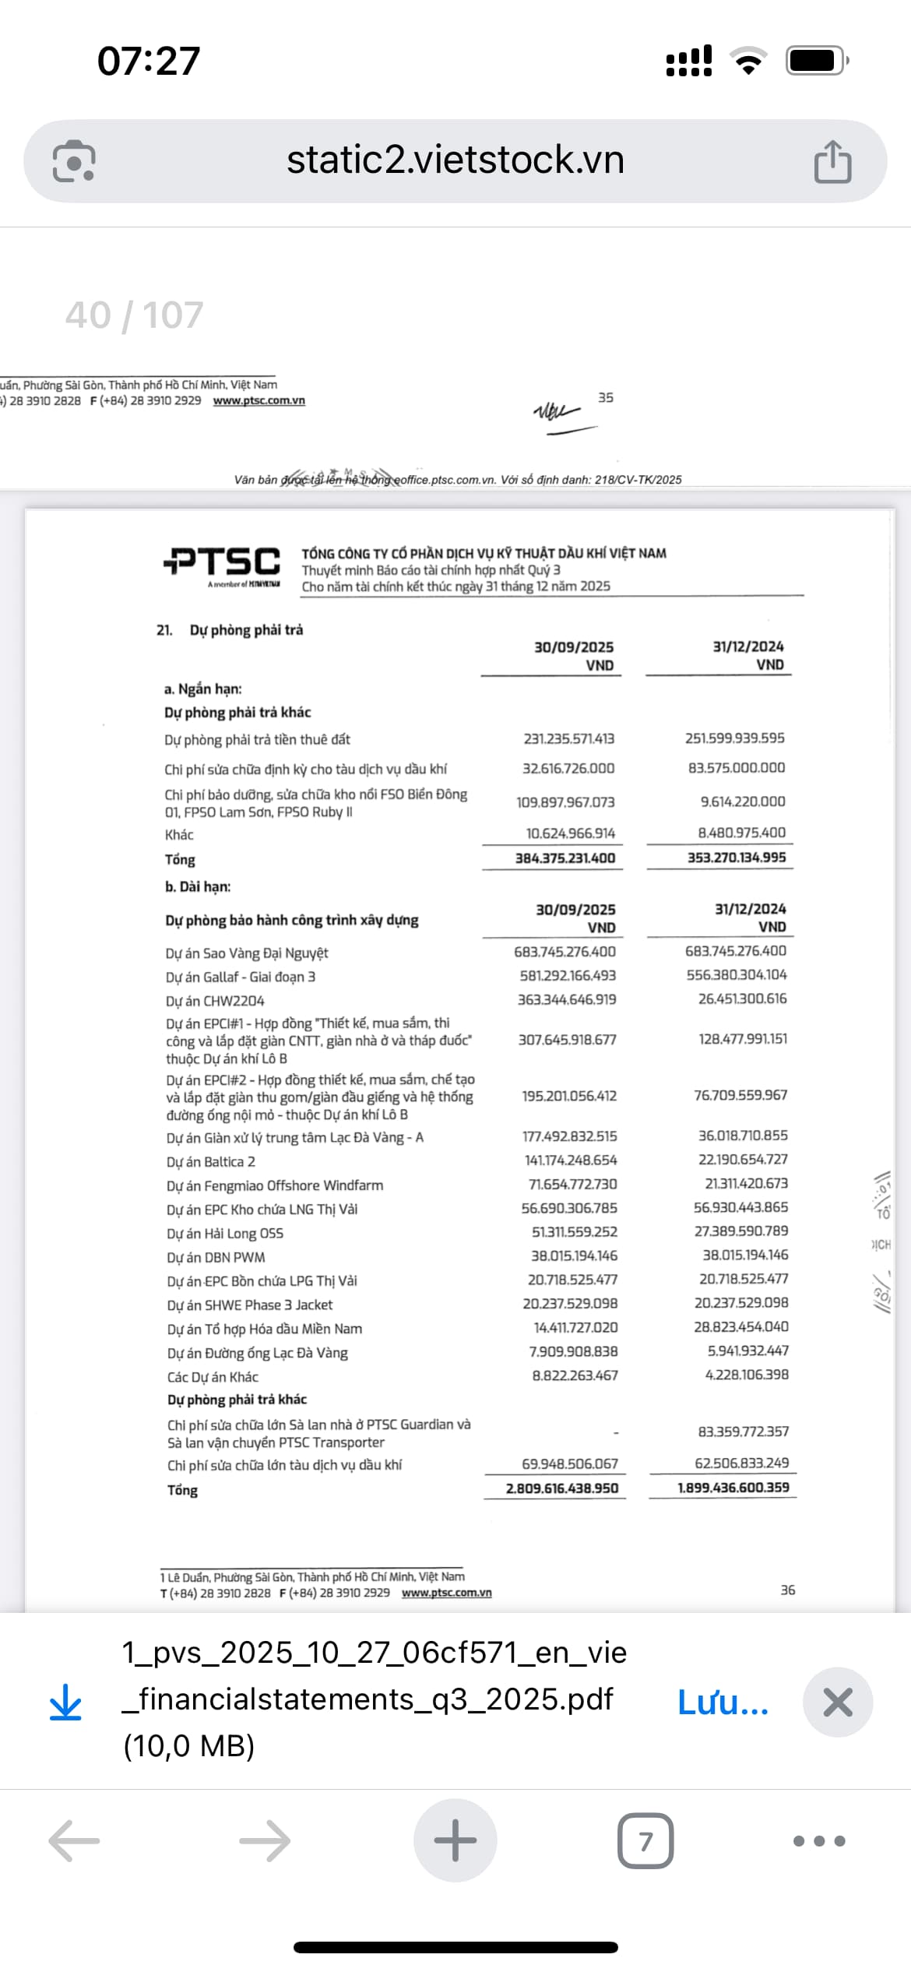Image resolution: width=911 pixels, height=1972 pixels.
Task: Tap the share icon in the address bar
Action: [x=832, y=161]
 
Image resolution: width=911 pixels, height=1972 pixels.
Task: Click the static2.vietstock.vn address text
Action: [x=455, y=160]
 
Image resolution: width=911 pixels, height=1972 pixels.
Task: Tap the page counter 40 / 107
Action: [x=134, y=315]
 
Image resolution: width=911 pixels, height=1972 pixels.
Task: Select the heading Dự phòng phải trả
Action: [x=246, y=630]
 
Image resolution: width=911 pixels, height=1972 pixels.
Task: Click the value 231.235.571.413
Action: [x=568, y=738]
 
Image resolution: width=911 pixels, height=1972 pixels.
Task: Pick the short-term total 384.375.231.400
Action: [x=565, y=857]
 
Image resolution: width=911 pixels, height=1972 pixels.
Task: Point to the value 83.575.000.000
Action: [x=736, y=768]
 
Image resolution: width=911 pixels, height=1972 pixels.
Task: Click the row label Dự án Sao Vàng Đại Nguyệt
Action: [x=247, y=953]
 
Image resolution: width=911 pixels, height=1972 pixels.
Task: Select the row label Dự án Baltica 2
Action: [x=211, y=1161]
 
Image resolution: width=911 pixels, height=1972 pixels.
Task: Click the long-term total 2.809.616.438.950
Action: [x=561, y=1488]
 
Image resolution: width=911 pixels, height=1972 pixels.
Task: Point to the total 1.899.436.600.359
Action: [x=733, y=1488]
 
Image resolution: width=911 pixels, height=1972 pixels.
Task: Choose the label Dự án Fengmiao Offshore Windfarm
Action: [x=275, y=1185]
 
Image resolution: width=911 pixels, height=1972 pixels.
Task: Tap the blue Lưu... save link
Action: [x=723, y=1703]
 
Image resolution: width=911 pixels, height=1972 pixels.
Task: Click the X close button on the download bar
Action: [x=837, y=1703]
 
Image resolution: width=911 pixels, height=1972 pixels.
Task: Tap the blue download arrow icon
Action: [x=65, y=1703]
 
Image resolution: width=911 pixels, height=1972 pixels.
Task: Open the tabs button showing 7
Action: [x=645, y=1842]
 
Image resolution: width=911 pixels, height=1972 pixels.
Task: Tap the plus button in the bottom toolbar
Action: [x=455, y=1841]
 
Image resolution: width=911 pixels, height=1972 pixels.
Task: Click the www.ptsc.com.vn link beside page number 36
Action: [x=446, y=1593]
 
